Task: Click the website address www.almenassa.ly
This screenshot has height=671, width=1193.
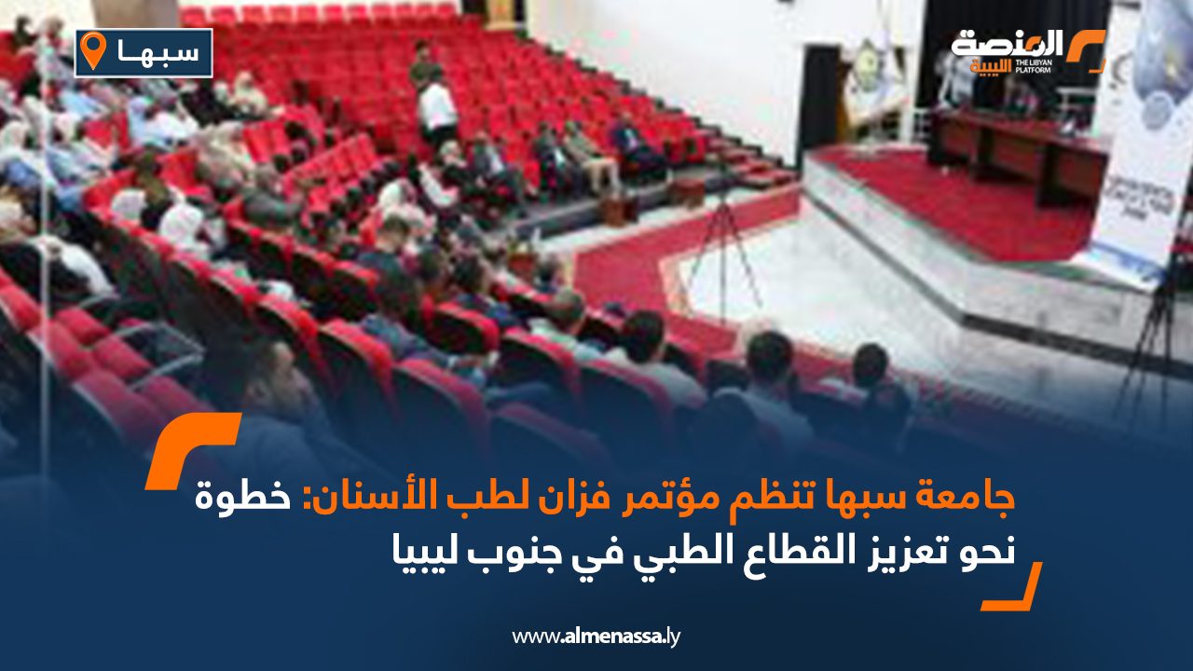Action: (x=597, y=637)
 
